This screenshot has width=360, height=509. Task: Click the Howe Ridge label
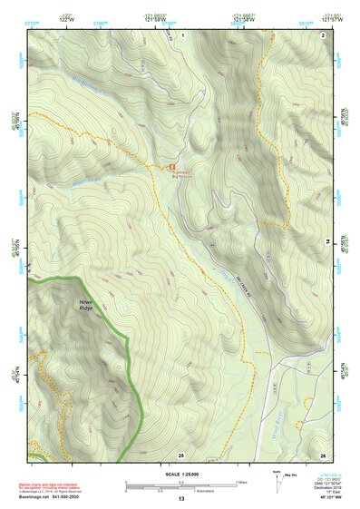(85, 305)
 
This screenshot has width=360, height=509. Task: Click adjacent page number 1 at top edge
(181, 34)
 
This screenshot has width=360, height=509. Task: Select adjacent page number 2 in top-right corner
(323, 34)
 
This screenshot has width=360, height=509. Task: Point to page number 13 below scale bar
(181, 498)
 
